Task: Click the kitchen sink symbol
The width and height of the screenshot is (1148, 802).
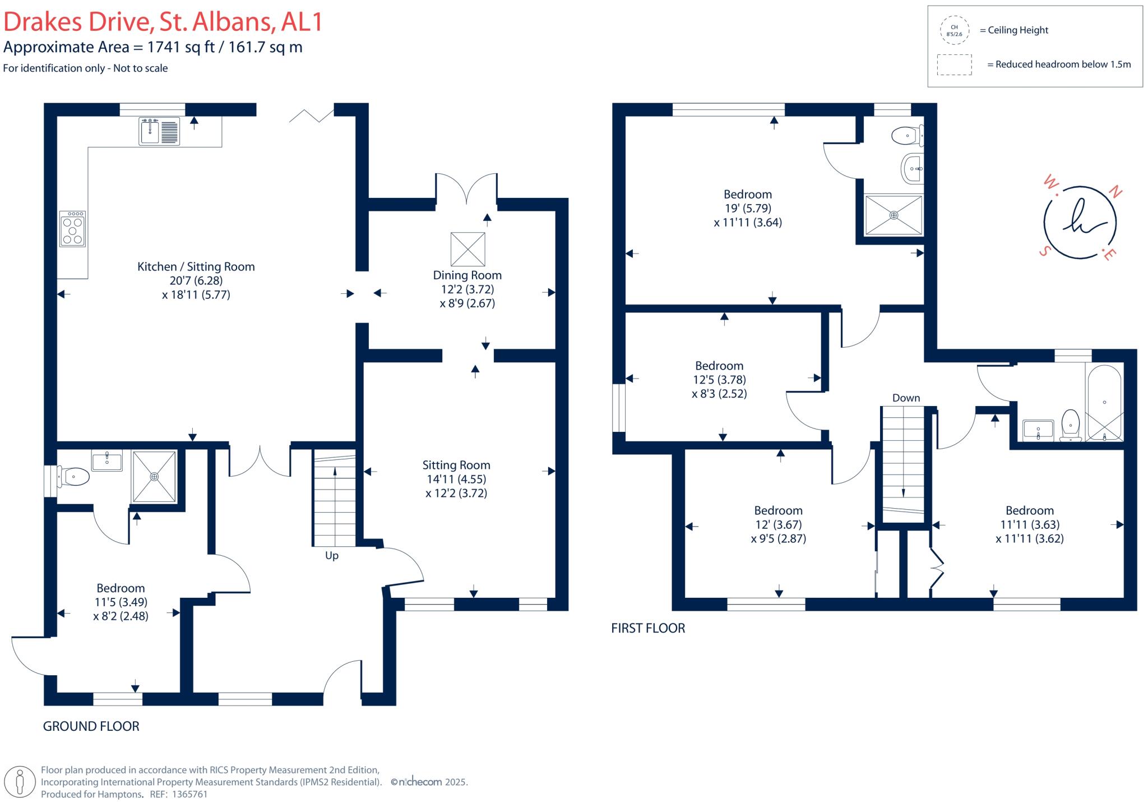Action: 159,131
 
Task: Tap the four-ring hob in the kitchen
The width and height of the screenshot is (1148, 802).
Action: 72,228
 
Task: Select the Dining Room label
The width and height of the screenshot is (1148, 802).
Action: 467,275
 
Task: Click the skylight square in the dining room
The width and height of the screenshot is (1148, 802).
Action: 467,249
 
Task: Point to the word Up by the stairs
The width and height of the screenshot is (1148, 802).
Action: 332,556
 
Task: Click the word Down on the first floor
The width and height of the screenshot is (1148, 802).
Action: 906,398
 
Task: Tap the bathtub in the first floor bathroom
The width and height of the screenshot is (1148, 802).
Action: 1104,402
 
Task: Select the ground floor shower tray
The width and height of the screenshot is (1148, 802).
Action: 154,476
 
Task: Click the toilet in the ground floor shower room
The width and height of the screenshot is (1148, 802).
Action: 74,477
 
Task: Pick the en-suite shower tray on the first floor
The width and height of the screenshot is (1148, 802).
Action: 894,215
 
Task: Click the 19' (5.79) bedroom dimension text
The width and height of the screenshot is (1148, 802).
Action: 748,208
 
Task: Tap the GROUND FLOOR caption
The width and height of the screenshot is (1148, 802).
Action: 91,726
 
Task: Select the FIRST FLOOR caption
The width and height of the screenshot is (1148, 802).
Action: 648,628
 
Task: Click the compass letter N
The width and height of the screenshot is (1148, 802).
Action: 1115,192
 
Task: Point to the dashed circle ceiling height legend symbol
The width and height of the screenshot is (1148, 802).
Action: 954,30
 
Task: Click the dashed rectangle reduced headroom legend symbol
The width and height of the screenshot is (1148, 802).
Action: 954,64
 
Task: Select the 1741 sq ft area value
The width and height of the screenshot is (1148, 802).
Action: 180,47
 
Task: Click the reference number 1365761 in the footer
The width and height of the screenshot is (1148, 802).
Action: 189,794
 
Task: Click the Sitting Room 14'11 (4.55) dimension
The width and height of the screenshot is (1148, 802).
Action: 456,479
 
